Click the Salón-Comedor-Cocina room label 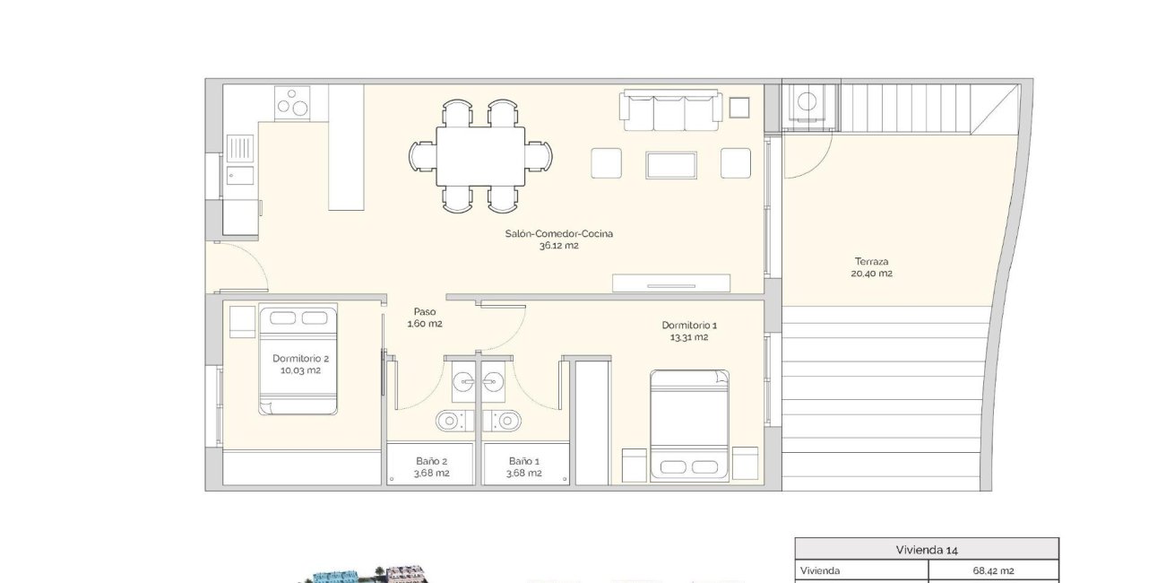click(x=559, y=233)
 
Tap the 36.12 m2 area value click(x=559, y=245)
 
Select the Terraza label click(x=871, y=262)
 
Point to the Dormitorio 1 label click(x=689, y=325)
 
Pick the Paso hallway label click(x=424, y=311)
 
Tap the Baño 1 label click(x=524, y=461)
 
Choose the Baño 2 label click(x=431, y=461)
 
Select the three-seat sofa click(x=670, y=111)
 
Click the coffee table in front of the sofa click(x=671, y=164)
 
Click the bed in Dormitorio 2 click(x=298, y=361)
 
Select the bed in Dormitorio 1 click(x=689, y=424)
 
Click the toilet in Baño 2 click(x=450, y=419)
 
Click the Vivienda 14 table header click(x=927, y=550)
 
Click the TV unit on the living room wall click(x=672, y=284)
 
